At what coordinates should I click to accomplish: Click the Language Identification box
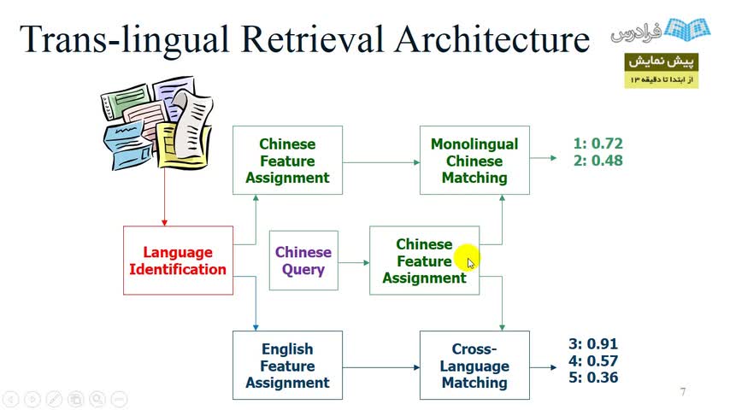[178, 261]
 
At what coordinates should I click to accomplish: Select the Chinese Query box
[303, 261]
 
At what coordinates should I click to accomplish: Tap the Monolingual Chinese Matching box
[474, 161]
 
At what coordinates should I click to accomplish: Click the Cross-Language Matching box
[474, 366]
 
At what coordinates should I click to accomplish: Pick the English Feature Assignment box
[287, 366]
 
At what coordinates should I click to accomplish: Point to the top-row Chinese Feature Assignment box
[287, 161]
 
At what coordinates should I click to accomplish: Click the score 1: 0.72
[598, 143]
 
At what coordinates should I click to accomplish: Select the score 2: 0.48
[598, 161]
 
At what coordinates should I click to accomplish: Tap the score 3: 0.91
[593, 344]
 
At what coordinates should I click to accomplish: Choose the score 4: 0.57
[593, 360]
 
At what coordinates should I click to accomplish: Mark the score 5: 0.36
[593, 377]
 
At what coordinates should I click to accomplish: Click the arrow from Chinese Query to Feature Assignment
[353, 261]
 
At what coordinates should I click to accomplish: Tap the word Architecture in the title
[503, 40]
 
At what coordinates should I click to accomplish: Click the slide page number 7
[683, 392]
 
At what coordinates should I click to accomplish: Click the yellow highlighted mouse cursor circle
[467, 258]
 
